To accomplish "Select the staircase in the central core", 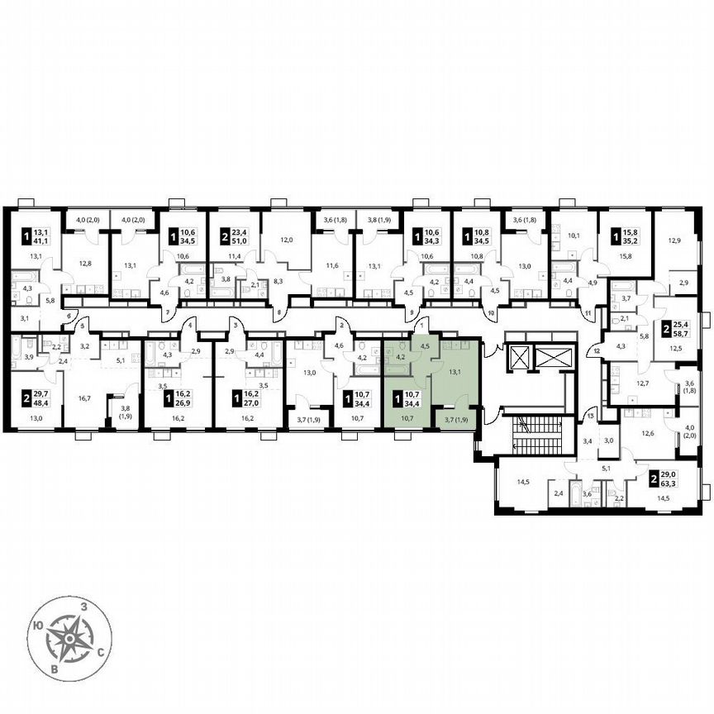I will coord(526,434).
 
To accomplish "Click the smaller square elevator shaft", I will coord(521,358).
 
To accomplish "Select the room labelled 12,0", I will coord(286,240).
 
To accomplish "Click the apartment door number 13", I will coord(591,415).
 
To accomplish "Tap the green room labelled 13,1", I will coord(454,372).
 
